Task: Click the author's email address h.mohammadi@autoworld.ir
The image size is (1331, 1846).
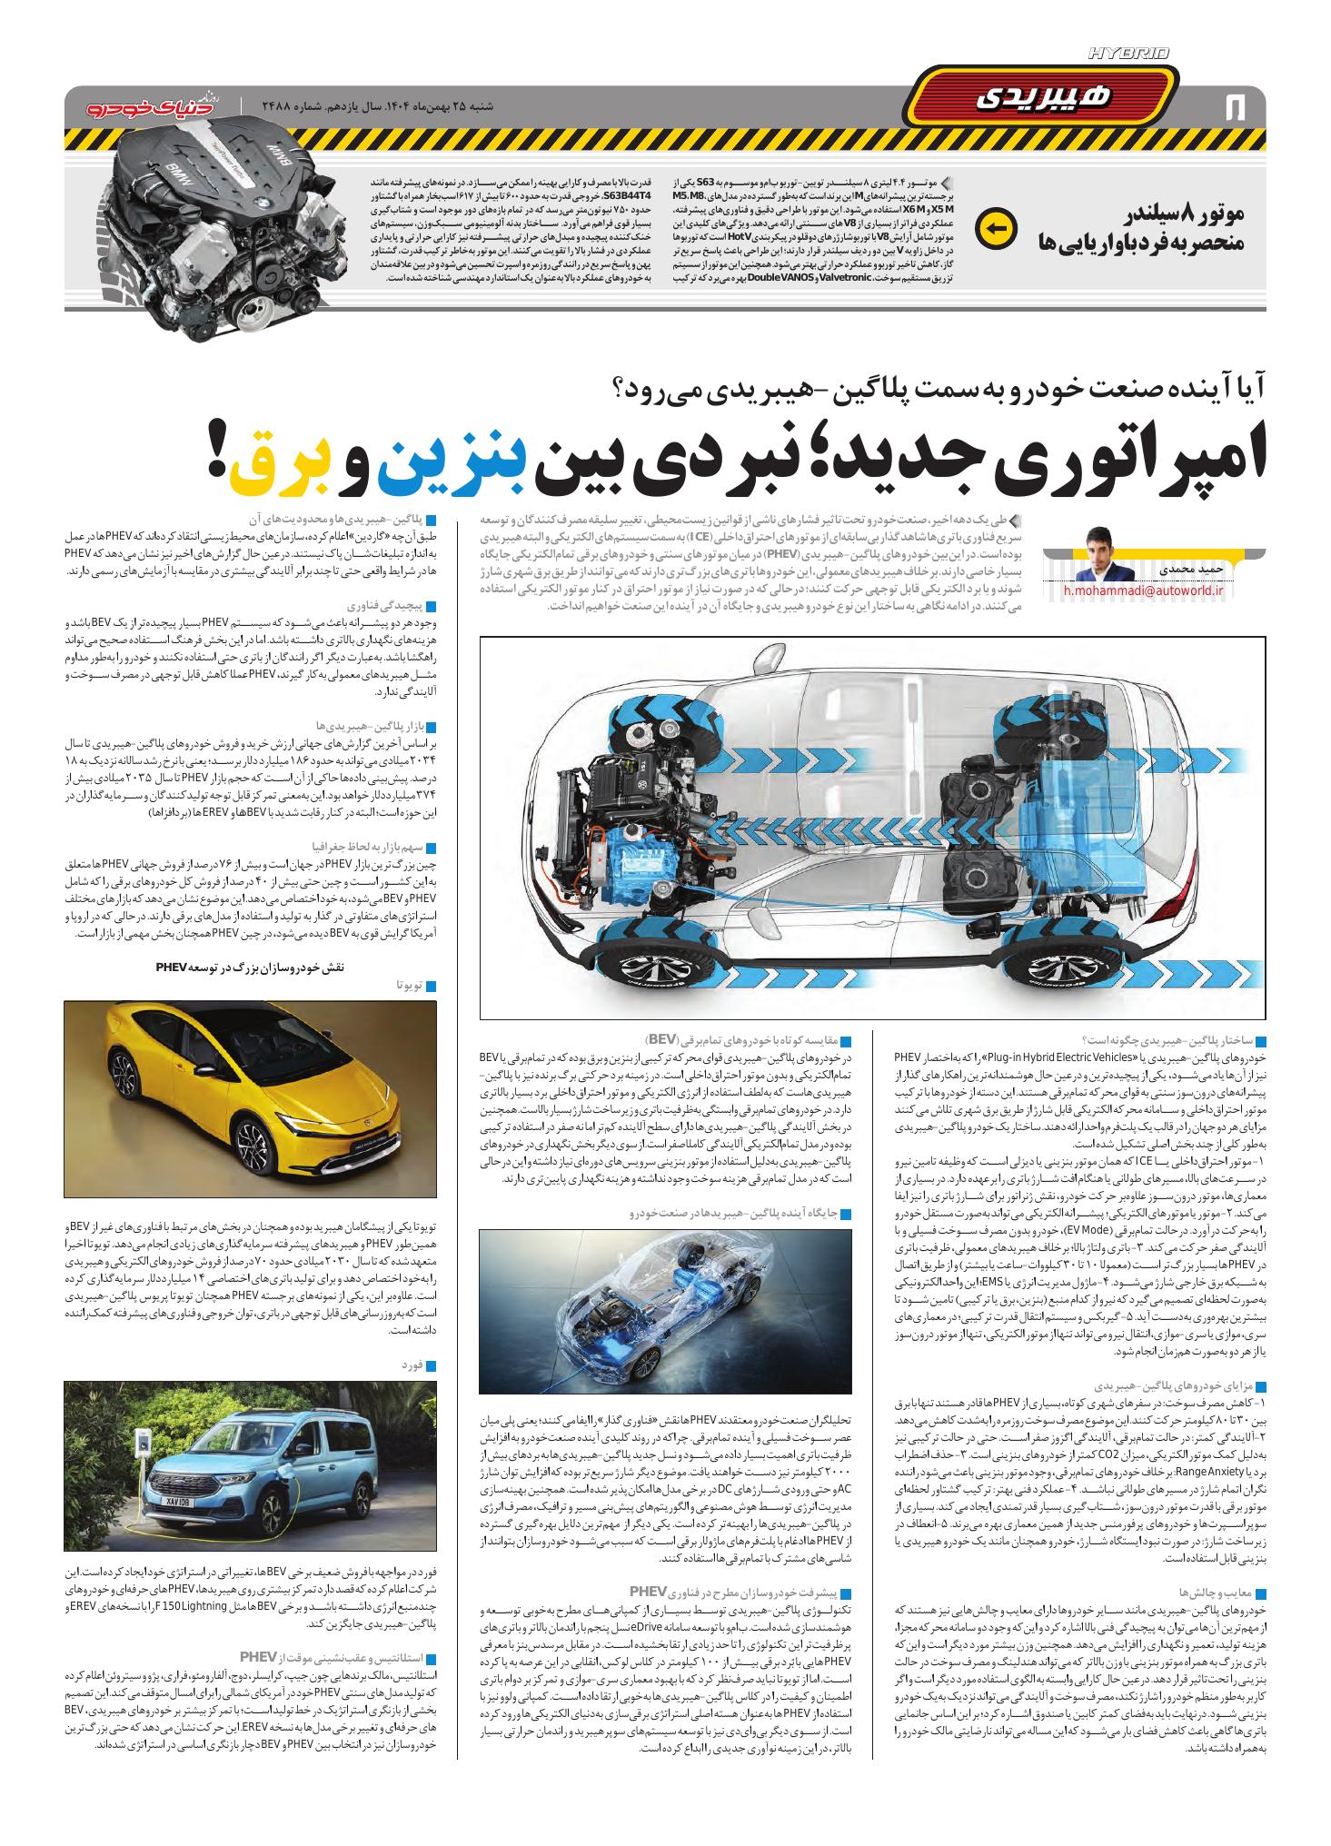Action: [1144, 591]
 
